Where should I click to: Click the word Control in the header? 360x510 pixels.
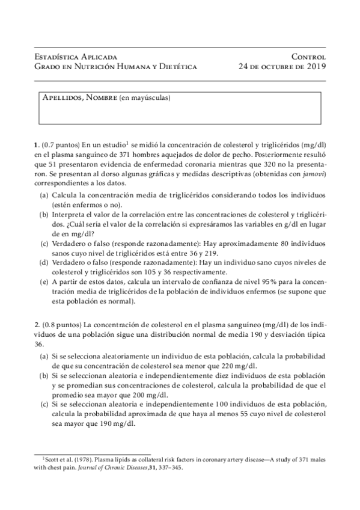tap(308, 55)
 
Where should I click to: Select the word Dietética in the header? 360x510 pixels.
tap(177, 66)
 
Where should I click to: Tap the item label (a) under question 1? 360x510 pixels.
tap(45, 197)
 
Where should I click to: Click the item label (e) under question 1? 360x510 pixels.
tap(45, 281)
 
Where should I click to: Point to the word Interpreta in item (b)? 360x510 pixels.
tap(70, 215)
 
